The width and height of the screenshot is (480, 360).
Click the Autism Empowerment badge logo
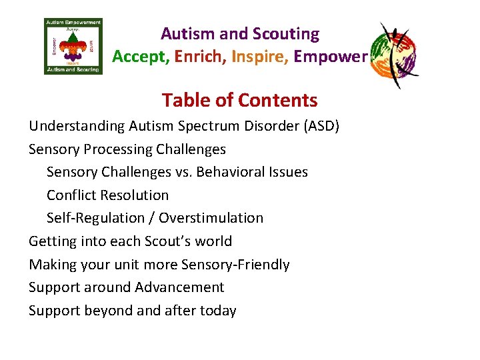click(x=73, y=46)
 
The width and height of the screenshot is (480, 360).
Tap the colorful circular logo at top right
click(x=394, y=54)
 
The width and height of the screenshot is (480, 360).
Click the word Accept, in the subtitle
click(x=141, y=57)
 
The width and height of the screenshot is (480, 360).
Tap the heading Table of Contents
click(x=239, y=100)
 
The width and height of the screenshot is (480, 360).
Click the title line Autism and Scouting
click(x=239, y=34)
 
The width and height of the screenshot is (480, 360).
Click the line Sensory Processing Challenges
click(x=127, y=149)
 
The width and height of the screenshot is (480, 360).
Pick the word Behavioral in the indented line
click(x=227, y=172)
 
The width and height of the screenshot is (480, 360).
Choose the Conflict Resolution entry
click(x=107, y=195)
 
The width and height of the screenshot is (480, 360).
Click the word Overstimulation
click(x=211, y=218)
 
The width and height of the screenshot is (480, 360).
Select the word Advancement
click(x=179, y=287)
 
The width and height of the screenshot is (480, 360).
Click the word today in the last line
click(x=218, y=311)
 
